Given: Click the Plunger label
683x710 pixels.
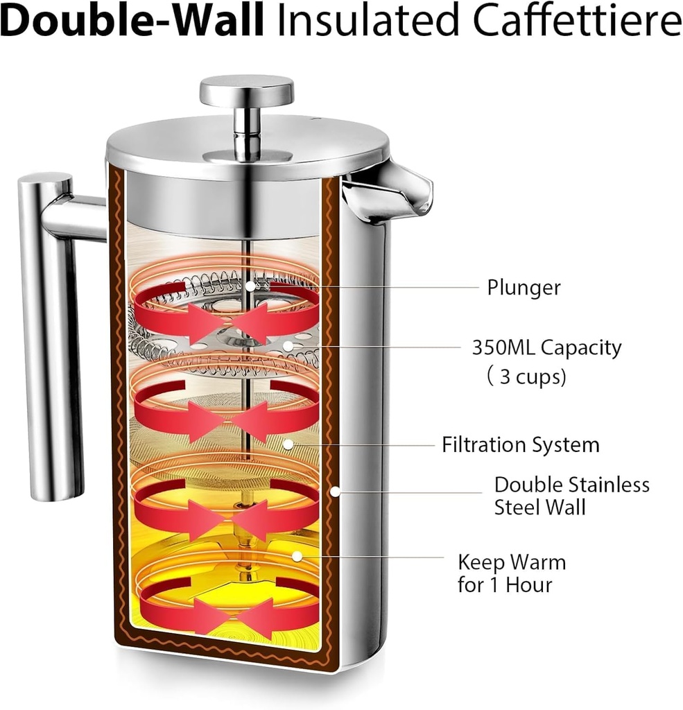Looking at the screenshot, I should (x=523, y=287).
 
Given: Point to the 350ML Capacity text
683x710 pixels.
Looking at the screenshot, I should (x=546, y=347).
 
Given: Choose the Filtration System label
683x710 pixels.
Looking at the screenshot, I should (x=520, y=444).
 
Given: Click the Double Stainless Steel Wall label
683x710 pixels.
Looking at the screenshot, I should (x=571, y=495).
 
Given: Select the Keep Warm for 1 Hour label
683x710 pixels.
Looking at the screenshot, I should (x=511, y=572).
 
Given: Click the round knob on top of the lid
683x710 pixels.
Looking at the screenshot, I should (x=246, y=91).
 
